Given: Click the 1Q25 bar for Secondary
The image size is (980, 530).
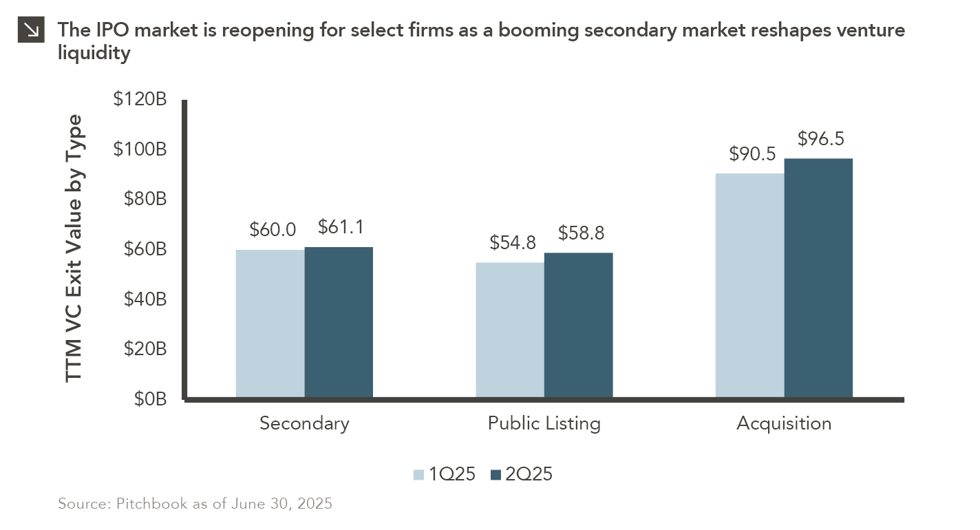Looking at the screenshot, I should pyautogui.click(x=270, y=324).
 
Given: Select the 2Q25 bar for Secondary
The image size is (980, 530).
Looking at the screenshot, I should pyautogui.click(x=339, y=322).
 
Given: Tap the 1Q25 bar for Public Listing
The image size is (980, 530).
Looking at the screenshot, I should pyautogui.click(x=510, y=330).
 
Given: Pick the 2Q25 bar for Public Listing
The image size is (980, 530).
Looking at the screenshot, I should pyautogui.click(x=578, y=325).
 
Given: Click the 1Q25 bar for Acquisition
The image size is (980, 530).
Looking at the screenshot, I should pyautogui.click(x=749, y=285).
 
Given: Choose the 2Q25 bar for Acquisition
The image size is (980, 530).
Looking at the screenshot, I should pyautogui.click(x=818, y=278).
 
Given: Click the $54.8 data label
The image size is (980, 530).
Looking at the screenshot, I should pyautogui.click(x=513, y=243).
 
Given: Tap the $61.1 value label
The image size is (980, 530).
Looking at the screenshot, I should pyautogui.click(x=341, y=226).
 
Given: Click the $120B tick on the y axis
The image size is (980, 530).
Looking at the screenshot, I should pyautogui.click(x=140, y=100).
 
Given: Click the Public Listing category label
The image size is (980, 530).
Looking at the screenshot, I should pyautogui.click(x=544, y=423).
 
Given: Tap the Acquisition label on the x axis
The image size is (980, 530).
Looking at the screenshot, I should pyautogui.click(x=784, y=423).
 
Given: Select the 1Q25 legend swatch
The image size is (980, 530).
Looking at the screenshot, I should pyautogui.click(x=418, y=474).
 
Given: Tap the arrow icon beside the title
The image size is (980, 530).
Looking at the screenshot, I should pyautogui.click(x=30, y=31).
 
